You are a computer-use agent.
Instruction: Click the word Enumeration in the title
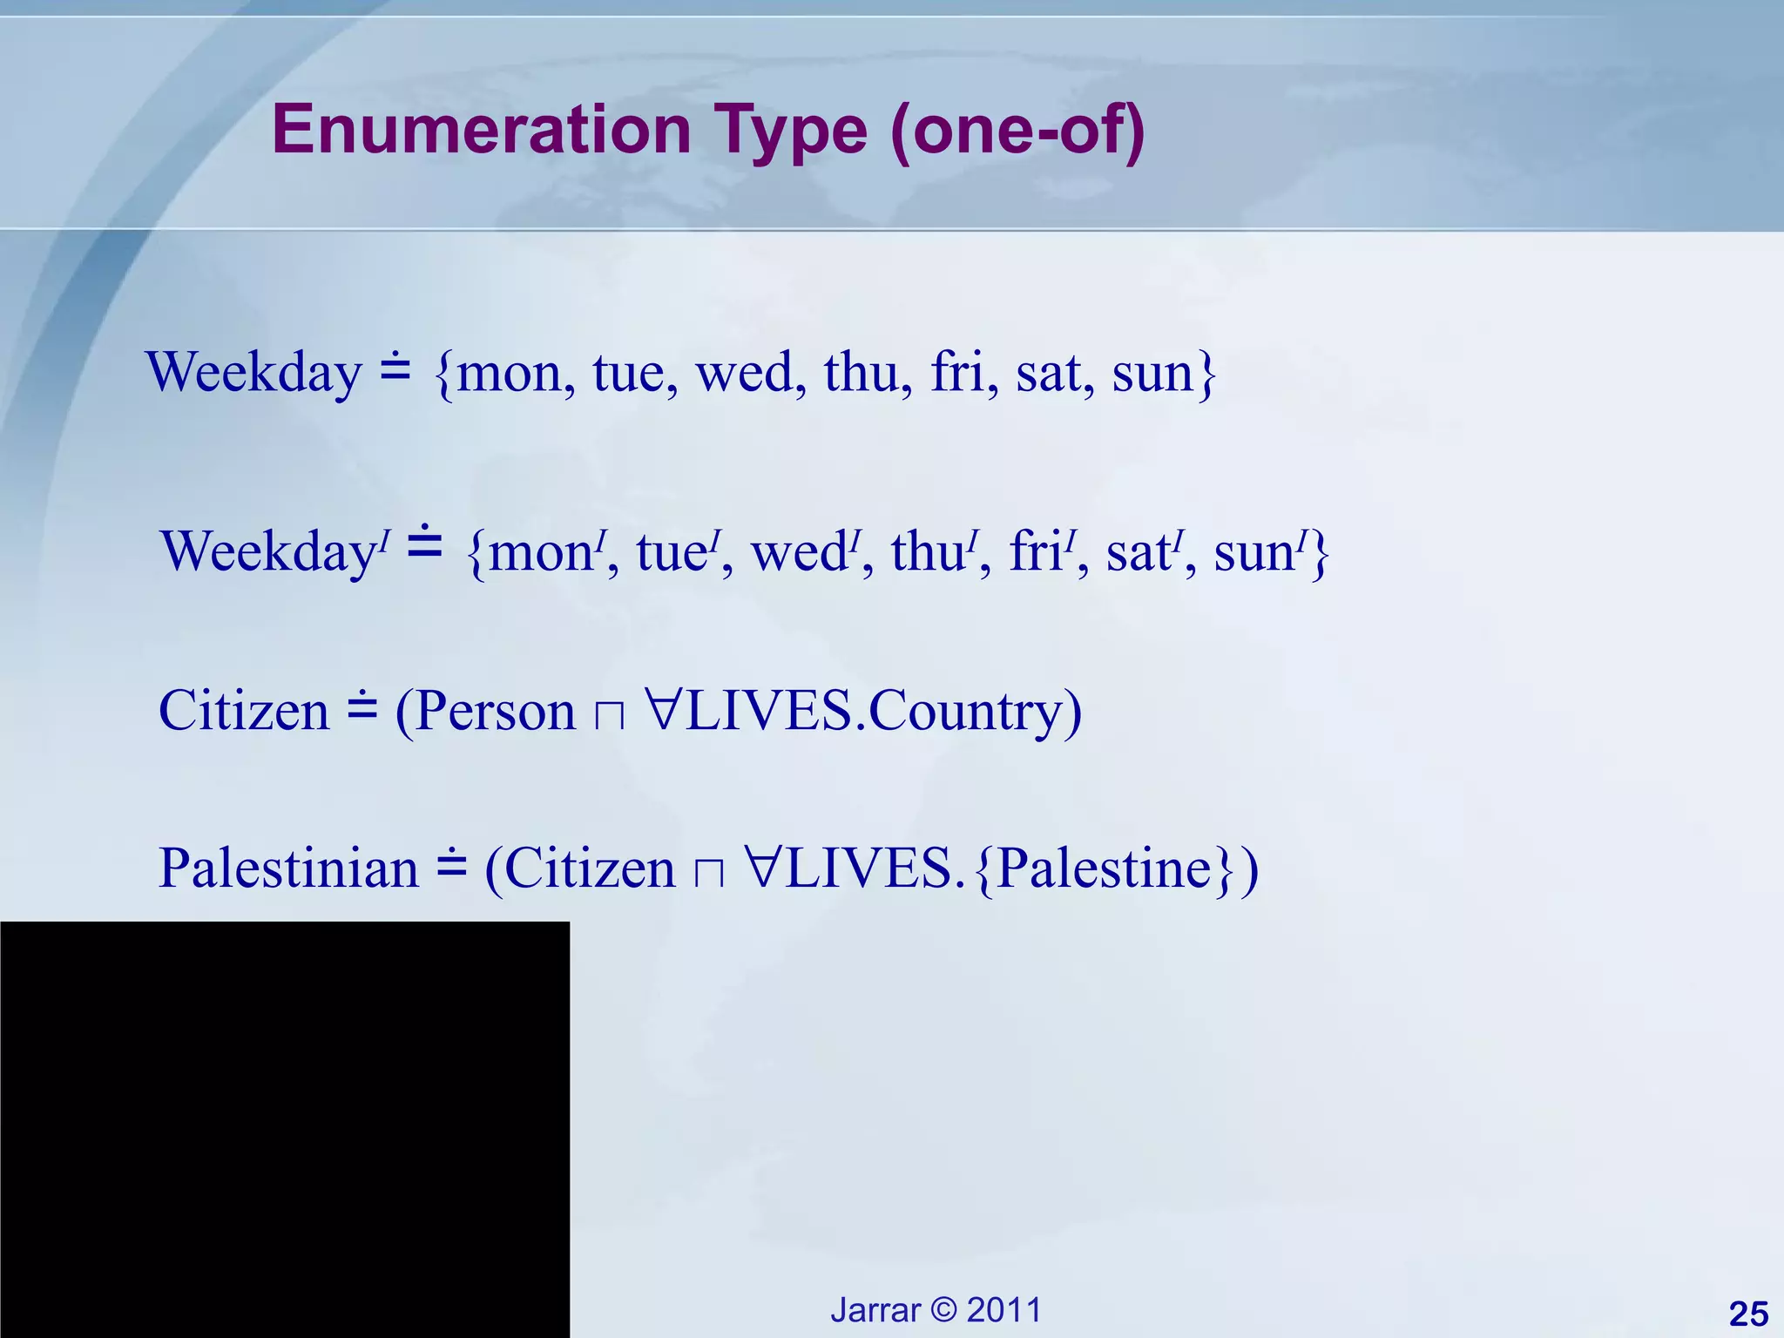482,131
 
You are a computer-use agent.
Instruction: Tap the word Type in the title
791,131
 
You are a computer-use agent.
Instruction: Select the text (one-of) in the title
1017,131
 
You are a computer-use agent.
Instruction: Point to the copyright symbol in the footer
943,1310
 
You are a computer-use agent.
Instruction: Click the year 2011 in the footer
1004,1310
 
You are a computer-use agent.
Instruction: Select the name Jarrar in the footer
875,1310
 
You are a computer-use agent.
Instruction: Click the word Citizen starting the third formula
244,711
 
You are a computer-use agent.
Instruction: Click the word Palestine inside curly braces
1104,868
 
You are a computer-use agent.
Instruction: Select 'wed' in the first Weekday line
745,373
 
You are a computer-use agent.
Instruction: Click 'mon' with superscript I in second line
542,552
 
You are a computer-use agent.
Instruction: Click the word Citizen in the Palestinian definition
590,868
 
